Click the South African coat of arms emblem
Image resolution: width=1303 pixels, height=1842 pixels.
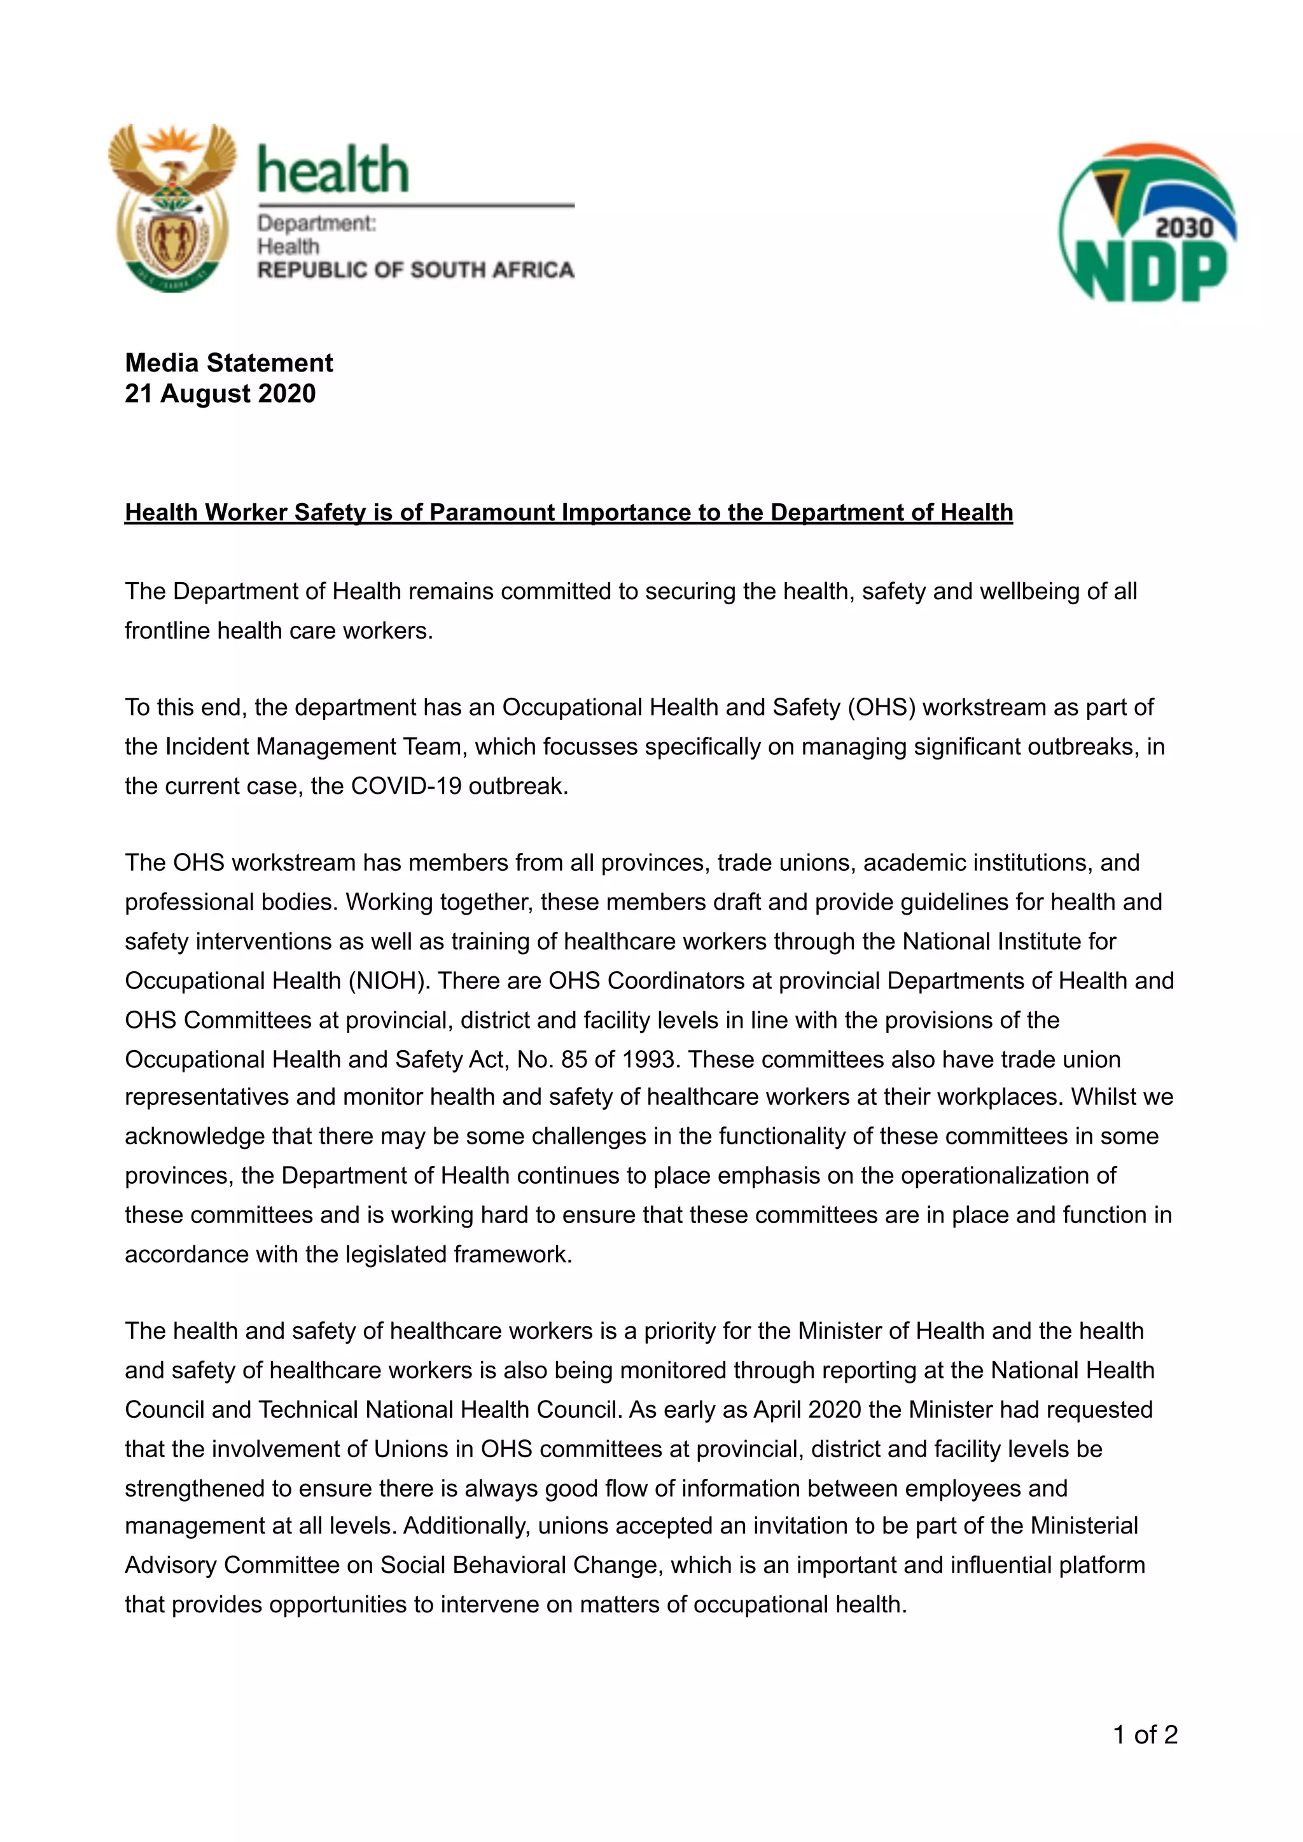pyautogui.click(x=172, y=208)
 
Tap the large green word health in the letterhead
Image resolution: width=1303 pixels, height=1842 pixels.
pyautogui.click(x=333, y=171)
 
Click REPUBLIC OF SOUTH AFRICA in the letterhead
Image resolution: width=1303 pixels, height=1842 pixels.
pyautogui.click(x=415, y=270)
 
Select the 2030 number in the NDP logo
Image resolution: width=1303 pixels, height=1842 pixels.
pyautogui.click(x=1183, y=228)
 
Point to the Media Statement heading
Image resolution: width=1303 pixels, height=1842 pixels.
pyautogui.click(x=228, y=363)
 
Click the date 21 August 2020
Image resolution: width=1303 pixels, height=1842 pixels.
pyautogui.click(x=220, y=394)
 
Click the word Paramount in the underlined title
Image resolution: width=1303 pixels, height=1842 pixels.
pyautogui.click(x=492, y=512)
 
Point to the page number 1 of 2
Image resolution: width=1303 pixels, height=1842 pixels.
pyautogui.click(x=1145, y=1735)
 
